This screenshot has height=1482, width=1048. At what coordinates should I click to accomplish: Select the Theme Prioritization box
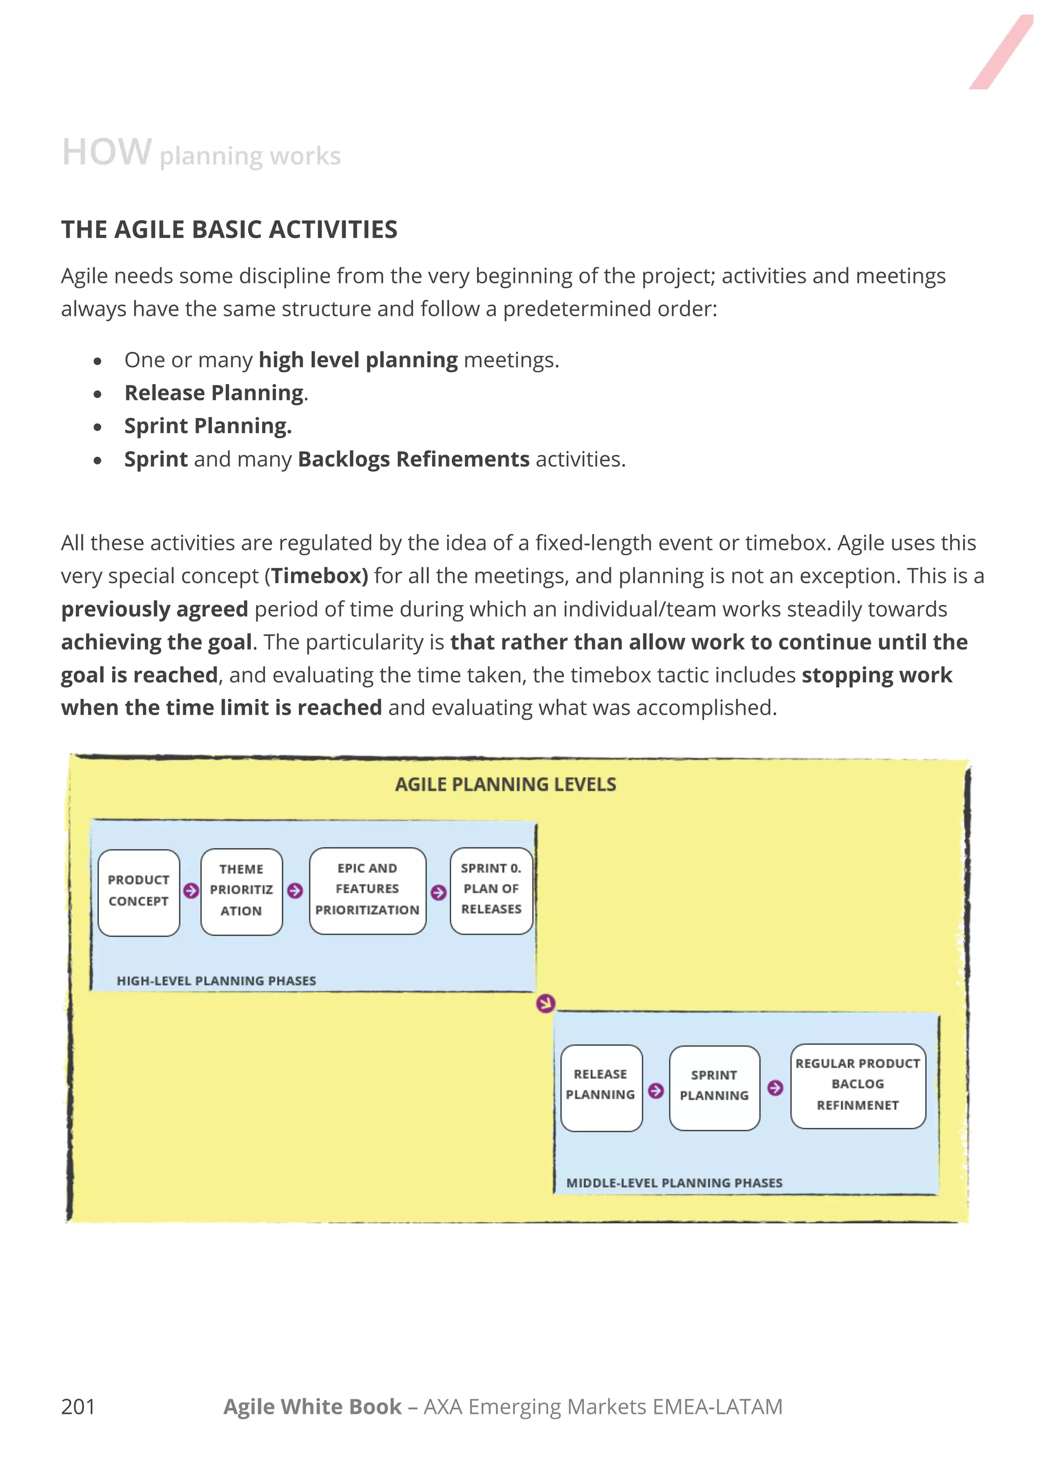pos(241,891)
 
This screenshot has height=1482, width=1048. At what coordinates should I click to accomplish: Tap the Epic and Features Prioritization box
pos(367,890)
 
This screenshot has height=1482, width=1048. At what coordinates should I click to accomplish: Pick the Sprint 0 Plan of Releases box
pos(491,890)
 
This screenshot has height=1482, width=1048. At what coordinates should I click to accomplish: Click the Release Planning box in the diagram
pos(601,1087)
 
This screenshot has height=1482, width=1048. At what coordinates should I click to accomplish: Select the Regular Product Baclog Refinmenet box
pos(858,1086)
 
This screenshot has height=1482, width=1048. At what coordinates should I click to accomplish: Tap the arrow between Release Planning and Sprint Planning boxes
pos(656,1091)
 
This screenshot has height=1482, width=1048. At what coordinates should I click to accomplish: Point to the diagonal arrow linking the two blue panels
pos(545,1003)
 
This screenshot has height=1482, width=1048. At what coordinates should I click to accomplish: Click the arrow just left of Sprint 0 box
pos(439,893)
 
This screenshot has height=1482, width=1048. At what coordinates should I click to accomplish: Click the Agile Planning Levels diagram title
pos(506,784)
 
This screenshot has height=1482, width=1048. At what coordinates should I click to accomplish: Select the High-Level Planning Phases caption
pos(216,981)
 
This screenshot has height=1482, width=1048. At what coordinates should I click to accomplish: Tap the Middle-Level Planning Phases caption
pos(674,1183)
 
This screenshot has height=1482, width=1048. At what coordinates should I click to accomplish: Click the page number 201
pos(78,1406)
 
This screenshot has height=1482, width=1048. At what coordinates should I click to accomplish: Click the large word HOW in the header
pos(106,152)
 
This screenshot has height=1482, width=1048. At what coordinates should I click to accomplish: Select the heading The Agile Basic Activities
pos(229,230)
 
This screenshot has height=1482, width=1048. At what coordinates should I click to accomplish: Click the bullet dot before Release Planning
pos(98,394)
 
